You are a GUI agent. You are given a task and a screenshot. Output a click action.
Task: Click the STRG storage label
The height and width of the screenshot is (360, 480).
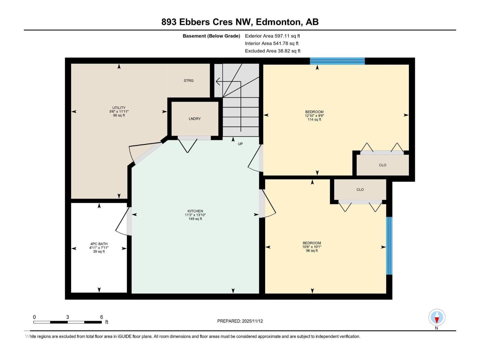188,80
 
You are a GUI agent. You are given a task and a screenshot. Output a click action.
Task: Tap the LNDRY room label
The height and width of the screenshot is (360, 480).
195,119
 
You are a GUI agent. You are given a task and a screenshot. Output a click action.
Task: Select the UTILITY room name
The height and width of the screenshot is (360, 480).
119,108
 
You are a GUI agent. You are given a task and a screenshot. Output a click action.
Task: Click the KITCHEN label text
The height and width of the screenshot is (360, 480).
195,211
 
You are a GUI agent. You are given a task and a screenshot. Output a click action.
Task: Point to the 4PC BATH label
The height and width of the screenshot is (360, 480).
99,244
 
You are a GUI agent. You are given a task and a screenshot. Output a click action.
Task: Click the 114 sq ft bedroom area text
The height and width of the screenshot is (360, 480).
314,119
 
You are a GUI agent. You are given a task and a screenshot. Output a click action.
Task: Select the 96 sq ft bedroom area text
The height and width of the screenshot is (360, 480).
312,250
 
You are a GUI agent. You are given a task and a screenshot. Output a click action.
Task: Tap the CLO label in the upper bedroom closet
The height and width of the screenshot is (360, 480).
382,165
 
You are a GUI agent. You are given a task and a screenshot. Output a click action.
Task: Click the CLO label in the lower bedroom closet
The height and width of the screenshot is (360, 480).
360,190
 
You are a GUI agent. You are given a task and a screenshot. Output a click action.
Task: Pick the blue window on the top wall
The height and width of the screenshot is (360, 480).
337,61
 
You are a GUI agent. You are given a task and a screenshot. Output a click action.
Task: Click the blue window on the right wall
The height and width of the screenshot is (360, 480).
389,246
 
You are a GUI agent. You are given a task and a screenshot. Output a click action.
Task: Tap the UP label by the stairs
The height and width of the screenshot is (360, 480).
240,144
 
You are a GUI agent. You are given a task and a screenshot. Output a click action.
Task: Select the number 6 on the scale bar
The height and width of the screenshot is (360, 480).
101,317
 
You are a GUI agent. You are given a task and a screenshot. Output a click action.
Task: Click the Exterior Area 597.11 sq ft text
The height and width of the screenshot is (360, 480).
272,36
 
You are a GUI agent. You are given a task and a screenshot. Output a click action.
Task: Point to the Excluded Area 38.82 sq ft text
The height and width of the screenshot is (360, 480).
272,51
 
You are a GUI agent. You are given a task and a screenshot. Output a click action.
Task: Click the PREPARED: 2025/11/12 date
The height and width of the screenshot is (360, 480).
240,321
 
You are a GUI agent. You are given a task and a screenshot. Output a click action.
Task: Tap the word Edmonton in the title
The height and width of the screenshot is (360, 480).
279,22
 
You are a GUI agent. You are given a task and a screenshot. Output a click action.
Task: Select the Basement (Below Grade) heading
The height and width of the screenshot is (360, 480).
211,36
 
